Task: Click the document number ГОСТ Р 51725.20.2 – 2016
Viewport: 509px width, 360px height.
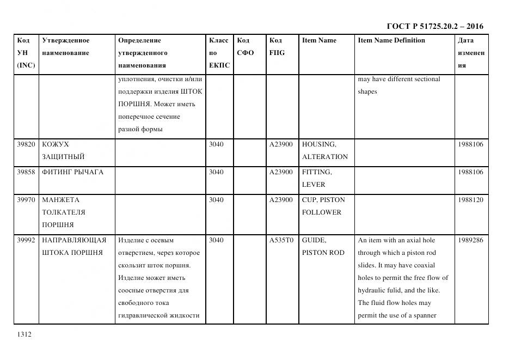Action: click(x=434, y=26)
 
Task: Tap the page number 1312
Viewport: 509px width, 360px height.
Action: click(x=24, y=334)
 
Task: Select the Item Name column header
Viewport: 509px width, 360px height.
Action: click(x=319, y=40)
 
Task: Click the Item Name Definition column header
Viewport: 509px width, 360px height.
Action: click(x=391, y=40)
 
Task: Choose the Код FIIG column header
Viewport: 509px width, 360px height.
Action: click(x=277, y=47)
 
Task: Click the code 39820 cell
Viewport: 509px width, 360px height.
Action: click(x=26, y=144)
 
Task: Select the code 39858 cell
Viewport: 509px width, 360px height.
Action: click(x=26, y=172)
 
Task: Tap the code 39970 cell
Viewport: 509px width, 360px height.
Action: click(x=26, y=200)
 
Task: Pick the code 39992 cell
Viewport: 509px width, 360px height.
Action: click(x=26, y=240)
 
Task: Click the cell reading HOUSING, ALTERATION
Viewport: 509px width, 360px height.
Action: click(x=324, y=151)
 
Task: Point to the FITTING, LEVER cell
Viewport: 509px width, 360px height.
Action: click(x=317, y=179)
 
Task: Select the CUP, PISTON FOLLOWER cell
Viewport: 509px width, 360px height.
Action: click(x=323, y=206)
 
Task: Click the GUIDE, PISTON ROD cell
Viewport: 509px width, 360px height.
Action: click(x=323, y=246)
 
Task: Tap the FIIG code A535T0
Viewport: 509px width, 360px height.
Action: click(x=281, y=240)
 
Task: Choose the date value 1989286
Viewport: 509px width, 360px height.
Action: click(x=470, y=240)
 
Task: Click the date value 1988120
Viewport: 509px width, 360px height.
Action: click(x=470, y=200)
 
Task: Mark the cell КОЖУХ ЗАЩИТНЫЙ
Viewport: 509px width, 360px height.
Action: click(x=63, y=151)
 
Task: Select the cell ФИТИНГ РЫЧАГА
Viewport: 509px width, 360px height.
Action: click(x=72, y=172)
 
